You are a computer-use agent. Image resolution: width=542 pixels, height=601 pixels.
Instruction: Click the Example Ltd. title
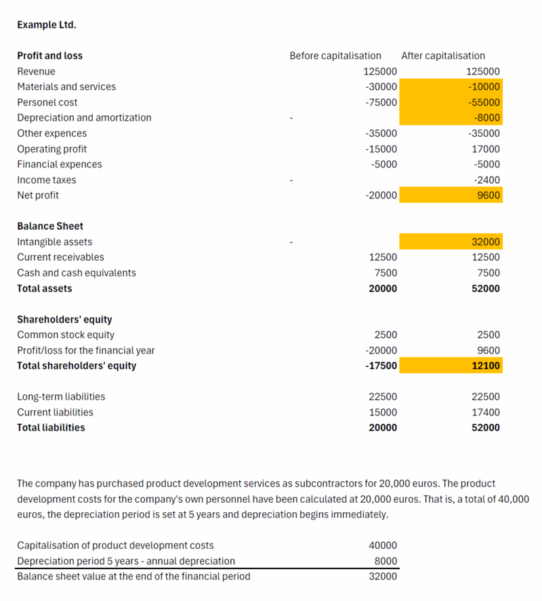[47, 25]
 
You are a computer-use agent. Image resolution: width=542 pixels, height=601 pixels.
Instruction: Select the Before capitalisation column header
[335, 56]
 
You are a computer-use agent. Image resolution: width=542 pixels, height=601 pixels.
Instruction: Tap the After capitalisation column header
[443, 56]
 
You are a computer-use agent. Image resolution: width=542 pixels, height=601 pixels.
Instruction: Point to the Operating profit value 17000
[485, 149]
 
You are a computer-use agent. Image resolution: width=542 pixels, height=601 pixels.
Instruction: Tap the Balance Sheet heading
[50, 226]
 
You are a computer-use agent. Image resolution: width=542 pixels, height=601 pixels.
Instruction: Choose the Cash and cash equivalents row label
[77, 273]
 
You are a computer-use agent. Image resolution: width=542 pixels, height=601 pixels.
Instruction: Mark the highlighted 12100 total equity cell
[486, 366]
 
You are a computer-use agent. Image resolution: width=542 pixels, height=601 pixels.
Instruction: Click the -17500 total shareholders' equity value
[381, 366]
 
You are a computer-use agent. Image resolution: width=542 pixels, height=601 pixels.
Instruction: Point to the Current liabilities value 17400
[486, 412]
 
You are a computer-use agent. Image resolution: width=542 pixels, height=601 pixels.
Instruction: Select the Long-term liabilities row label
[61, 396]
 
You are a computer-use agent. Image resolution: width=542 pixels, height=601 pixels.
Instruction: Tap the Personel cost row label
[47, 102]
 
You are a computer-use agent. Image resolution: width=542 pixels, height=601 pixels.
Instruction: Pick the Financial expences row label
[60, 165]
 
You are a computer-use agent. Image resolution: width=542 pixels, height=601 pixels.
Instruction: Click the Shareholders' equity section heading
[64, 319]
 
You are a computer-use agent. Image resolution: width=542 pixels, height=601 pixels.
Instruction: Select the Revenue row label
[37, 71]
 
